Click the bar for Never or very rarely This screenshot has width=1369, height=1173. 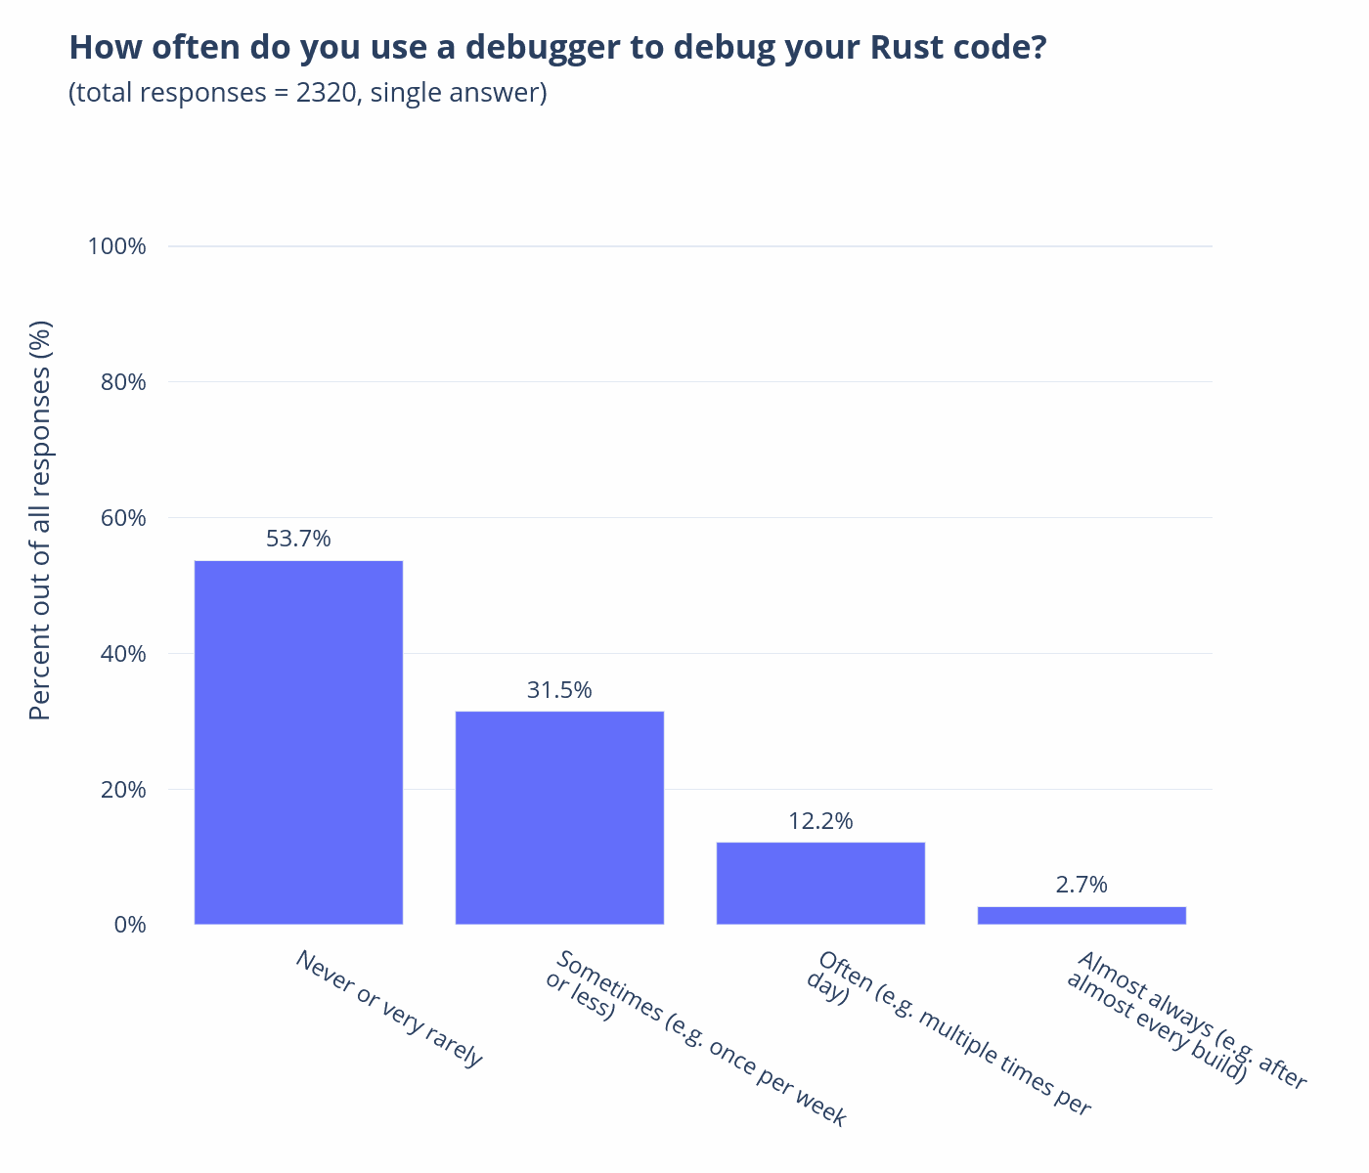coord(298,742)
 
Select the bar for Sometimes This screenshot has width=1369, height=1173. coord(559,817)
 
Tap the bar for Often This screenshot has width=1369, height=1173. coord(820,883)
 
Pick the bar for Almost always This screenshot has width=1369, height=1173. coord(1082,915)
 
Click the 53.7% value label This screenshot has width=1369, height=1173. coord(298,539)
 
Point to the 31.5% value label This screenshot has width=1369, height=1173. coord(559,690)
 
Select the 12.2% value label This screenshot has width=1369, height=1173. coord(820,821)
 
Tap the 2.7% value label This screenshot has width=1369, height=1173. coord(1082,885)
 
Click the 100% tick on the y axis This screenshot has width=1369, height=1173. coord(117,246)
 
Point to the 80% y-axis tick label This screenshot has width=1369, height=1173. coord(123,382)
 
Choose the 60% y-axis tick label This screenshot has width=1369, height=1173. coord(123,518)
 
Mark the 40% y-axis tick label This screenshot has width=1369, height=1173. coord(123,654)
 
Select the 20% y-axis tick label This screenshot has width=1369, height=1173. coord(123,790)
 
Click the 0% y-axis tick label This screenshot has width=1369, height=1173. coord(129,925)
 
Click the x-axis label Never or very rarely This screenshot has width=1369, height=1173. coord(389,1008)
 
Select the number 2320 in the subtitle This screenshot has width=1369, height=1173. coord(326,93)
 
